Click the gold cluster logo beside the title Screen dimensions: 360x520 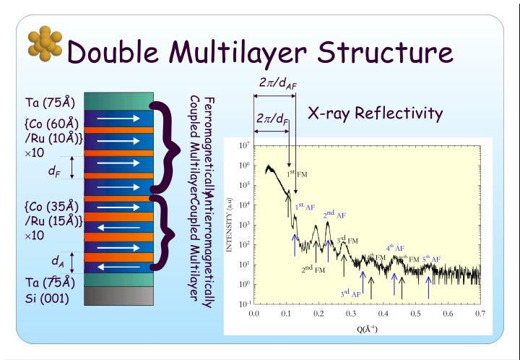(x=45, y=46)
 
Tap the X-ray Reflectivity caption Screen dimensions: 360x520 (x=375, y=113)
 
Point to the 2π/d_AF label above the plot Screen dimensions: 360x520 (x=277, y=83)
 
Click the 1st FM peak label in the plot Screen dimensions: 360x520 (x=297, y=173)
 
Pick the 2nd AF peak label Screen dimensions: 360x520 (x=334, y=215)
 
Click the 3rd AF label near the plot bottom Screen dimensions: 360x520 (x=351, y=293)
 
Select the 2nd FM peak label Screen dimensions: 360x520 (x=313, y=269)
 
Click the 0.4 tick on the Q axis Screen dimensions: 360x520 (x=383, y=314)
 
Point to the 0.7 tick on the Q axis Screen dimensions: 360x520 (x=480, y=314)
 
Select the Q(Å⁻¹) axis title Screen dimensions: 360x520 (x=366, y=328)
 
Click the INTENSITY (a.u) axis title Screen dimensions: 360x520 (x=230, y=225)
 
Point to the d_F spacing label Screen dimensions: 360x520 (x=53, y=171)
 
